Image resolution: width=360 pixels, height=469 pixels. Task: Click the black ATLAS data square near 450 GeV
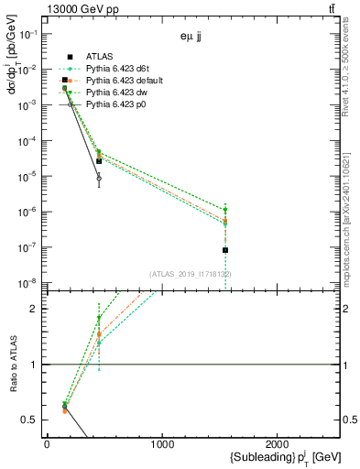99,161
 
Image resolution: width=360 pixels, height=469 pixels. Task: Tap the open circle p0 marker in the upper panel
99,179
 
